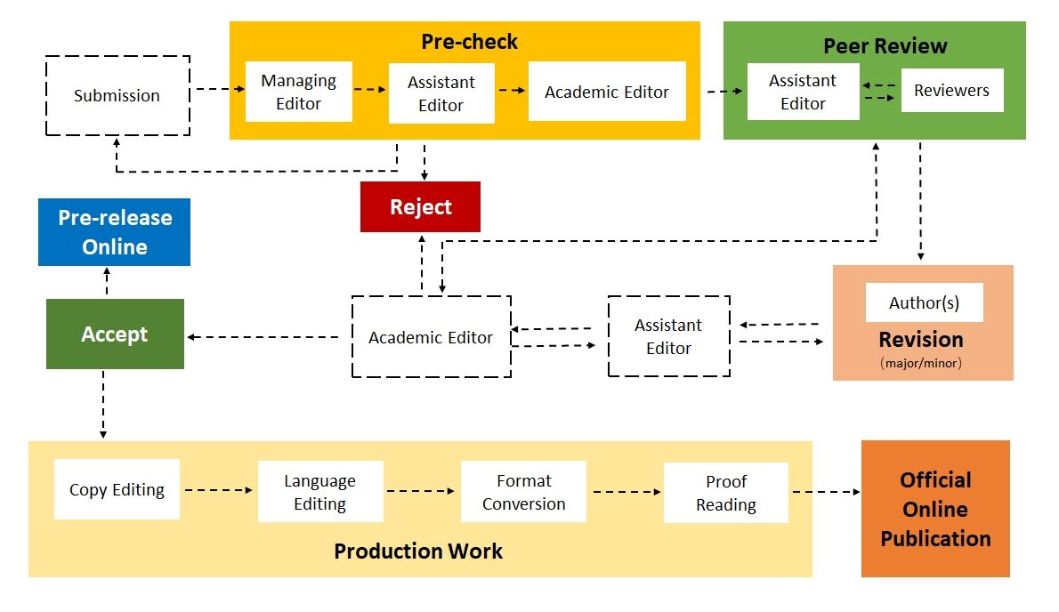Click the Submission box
click(117, 95)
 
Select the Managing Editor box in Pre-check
click(299, 92)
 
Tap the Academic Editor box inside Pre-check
click(607, 92)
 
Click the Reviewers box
click(951, 91)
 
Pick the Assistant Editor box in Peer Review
click(803, 92)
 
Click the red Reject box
click(420, 207)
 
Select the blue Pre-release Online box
click(114, 232)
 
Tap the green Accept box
click(115, 334)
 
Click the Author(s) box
click(924, 303)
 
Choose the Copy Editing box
click(117, 489)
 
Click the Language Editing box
click(320, 492)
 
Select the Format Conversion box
click(523, 492)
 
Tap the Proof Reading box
click(725, 493)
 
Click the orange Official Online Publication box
click(935, 509)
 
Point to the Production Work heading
click(418, 552)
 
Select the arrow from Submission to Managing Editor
click(219, 89)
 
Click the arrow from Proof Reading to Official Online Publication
click(826, 492)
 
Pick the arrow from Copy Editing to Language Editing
click(219, 489)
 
